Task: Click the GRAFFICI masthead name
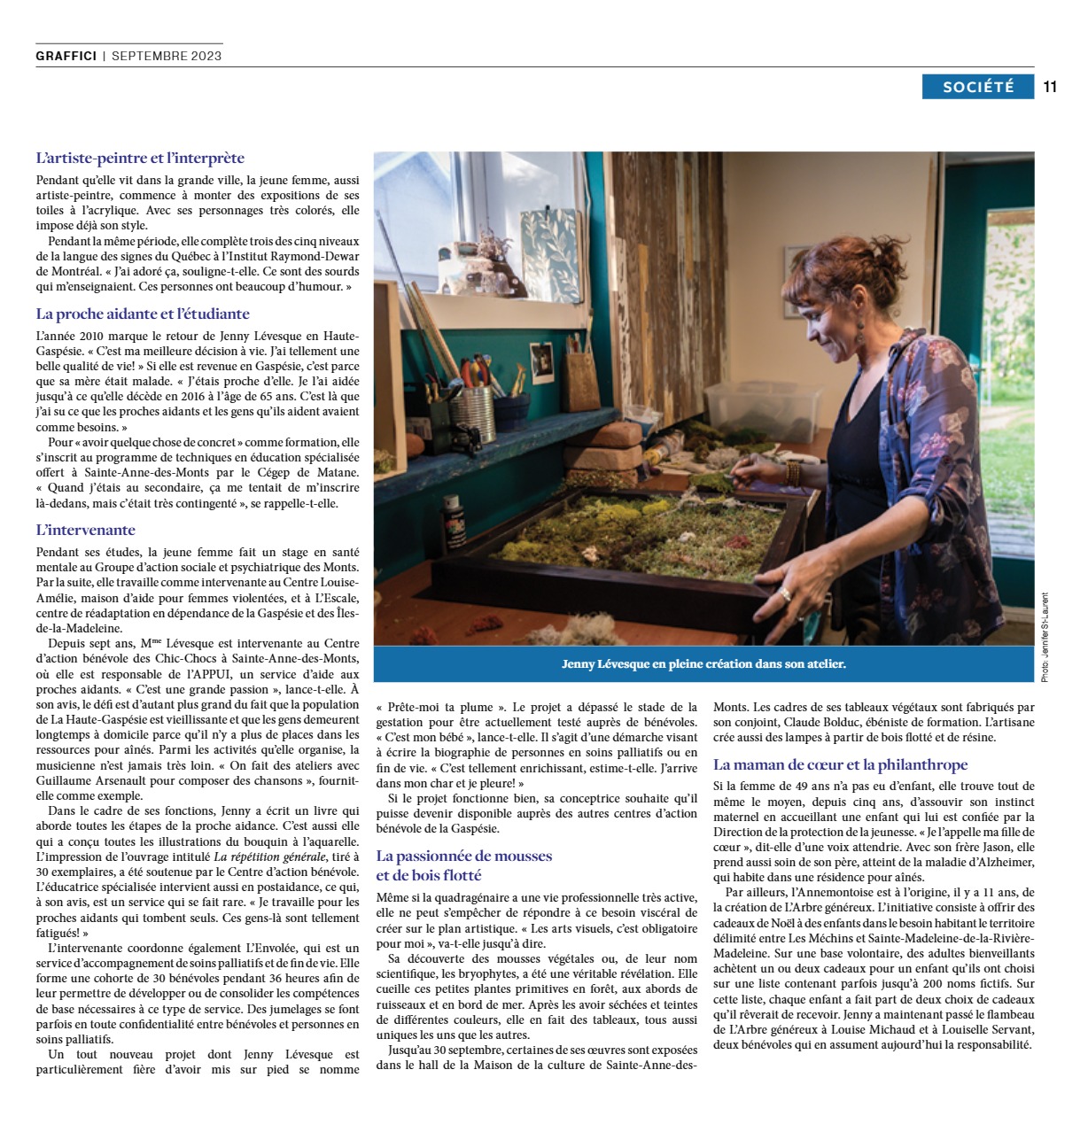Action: tap(66, 56)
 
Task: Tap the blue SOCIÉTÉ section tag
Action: tap(977, 87)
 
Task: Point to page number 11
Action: tap(1051, 87)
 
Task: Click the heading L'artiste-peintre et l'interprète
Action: tap(140, 159)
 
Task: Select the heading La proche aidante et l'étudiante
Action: tap(143, 314)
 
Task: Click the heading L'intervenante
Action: tap(86, 530)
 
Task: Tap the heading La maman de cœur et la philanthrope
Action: tap(840, 764)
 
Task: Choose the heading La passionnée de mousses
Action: tap(464, 856)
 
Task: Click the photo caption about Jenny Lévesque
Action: tap(703, 663)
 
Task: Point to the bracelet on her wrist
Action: tap(793, 471)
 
